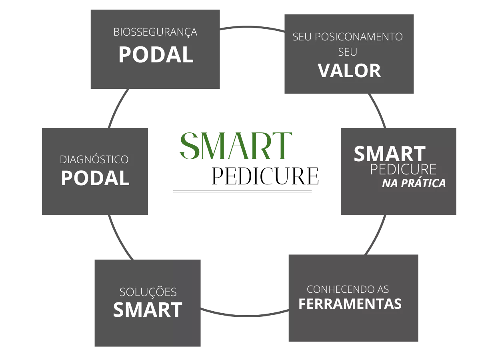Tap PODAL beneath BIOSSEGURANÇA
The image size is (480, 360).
tap(156, 55)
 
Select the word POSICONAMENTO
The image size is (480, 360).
tap(359, 36)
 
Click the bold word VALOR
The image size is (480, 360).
tap(349, 71)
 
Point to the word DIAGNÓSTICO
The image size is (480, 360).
tap(94, 159)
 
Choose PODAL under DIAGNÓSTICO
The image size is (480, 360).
tap(95, 178)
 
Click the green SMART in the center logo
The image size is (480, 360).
tap(236, 146)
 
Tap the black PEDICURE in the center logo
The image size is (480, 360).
tap(265, 176)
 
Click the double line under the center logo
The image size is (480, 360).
tap(242, 192)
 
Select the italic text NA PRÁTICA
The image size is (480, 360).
tap(414, 183)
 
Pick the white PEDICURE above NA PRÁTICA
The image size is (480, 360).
tap(403, 169)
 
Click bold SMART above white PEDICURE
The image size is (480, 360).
tap(390, 154)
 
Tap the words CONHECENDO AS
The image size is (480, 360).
tap(348, 289)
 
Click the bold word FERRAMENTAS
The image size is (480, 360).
tap(350, 304)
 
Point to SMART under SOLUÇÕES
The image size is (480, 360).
tap(148, 310)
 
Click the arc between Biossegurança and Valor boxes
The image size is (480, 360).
tap(252, 27)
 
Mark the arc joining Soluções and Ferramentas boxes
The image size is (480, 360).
tap(244, 316)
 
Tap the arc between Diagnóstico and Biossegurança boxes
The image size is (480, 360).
tap(117, 107)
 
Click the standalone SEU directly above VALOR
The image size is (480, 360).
tap(348, 52)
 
